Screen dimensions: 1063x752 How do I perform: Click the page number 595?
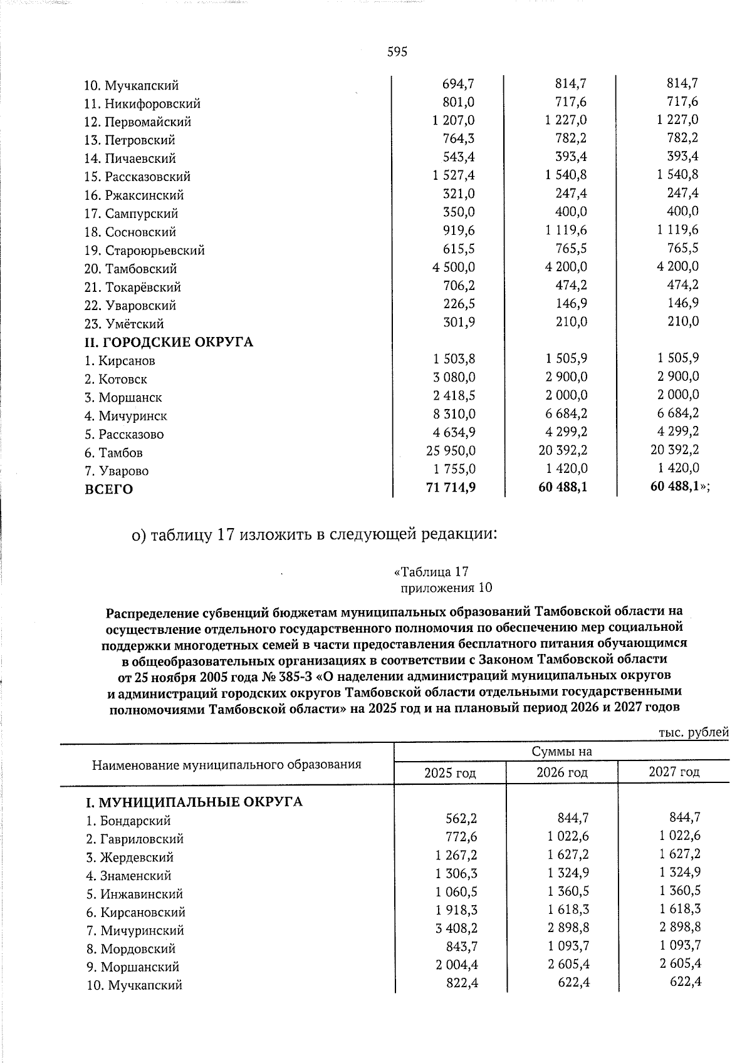point(397,52)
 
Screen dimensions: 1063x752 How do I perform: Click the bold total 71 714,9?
point(450,487)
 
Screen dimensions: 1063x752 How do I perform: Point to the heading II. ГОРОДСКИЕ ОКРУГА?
point(169,343)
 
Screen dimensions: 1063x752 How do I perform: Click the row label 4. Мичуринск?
point(125,416)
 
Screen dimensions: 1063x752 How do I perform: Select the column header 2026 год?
point(561,772)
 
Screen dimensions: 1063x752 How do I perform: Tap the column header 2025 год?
point(449,772)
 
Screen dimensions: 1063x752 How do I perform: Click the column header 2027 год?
point(674,772)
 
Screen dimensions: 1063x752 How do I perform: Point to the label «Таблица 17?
point(431,572)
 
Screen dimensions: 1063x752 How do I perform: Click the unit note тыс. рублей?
point(694,732)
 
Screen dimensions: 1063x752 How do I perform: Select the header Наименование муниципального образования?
point(227,764)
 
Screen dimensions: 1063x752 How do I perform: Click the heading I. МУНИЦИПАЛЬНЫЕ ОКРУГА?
point(194,802)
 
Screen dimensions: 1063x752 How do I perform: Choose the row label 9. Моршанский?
point(133,967)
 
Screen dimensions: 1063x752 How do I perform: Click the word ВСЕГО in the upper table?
point(109,489)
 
